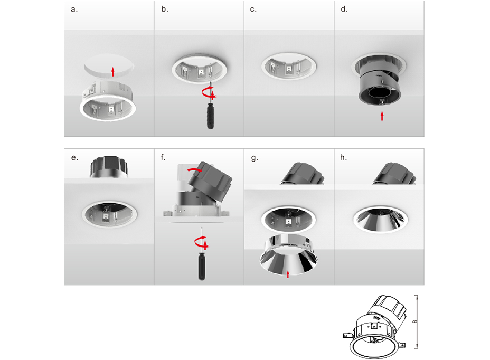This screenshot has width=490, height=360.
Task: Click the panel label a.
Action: tap(74, 10)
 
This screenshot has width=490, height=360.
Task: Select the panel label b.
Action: tap(165, 10)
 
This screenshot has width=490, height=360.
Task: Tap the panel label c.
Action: tap(253, 10)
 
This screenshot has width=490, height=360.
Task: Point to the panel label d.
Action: tap(344, 10)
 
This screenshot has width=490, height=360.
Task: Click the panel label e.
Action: tap(74, 158)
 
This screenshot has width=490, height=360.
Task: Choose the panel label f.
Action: tap(163, 157)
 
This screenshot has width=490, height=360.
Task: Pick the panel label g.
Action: tap(255, 158)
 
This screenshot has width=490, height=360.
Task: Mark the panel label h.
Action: tap(343, 157)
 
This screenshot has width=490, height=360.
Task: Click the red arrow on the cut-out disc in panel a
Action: tap(113, 72)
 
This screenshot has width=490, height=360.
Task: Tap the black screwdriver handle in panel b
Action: tap(210, 116)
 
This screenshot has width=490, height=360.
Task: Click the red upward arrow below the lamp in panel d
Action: tap(382, 116)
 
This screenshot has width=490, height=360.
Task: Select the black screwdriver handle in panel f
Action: tap(202, 266)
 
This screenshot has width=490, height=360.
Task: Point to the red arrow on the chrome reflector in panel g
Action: tap(288, 274)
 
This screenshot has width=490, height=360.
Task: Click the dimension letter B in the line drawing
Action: tap(414, 321)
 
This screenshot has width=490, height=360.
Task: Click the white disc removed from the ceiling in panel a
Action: tap(109, 64)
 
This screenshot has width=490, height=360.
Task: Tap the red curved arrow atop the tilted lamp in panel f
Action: tap(194, 169)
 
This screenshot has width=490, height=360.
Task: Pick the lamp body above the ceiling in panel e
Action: tap(109, 167)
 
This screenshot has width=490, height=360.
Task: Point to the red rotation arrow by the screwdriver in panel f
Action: tap(202, 242)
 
